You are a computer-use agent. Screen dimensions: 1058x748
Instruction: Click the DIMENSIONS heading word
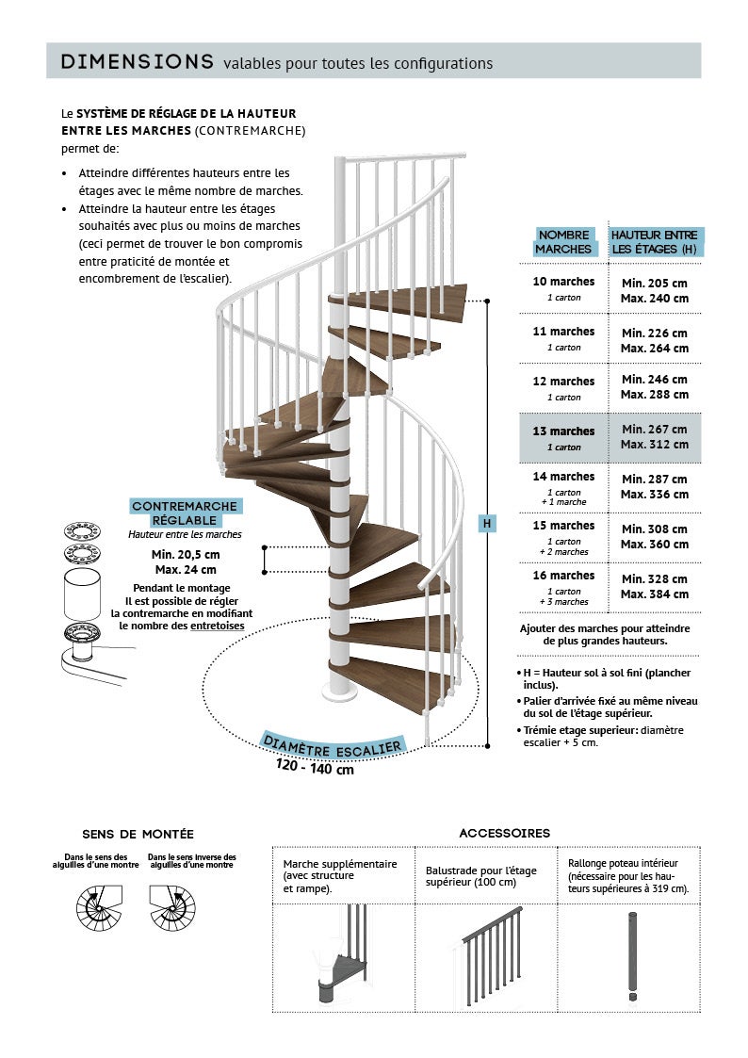[x=137, y=62]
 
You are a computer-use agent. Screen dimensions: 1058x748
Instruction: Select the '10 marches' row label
[x=564, y=282]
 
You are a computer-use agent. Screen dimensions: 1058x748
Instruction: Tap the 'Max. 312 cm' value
[x=654, y=445]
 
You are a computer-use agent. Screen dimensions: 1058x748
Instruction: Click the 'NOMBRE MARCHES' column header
[x=563, y=242]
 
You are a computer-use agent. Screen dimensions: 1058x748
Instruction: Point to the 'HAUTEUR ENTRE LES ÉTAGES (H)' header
[x=654, y=242]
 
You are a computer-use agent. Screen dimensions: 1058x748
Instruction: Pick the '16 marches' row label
[x=564, y=576]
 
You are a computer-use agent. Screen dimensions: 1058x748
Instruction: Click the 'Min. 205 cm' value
[x=654, y=283]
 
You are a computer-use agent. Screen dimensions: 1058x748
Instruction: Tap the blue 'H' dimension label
[x=486, y=523]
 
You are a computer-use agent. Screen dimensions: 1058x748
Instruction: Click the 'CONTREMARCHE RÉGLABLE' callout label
[x=186, y=513]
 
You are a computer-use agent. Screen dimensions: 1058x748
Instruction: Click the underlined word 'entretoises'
[x=217, y=626]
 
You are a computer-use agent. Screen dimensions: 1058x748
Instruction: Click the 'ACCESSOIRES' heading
[x=504, y=834]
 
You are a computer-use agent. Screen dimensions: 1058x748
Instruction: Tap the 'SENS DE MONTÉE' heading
[x=138, y=835]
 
